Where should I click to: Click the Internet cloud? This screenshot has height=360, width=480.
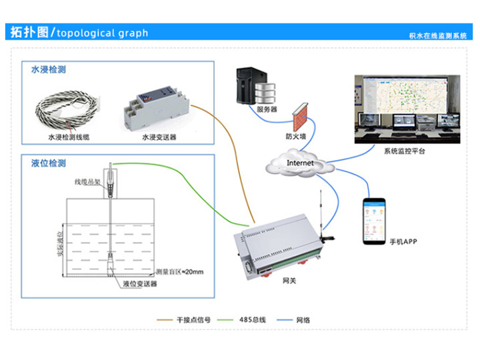(x=299, y=164)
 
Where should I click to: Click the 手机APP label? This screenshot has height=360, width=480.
(x=403, y=241)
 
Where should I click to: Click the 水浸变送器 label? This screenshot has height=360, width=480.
(x=159, y=137)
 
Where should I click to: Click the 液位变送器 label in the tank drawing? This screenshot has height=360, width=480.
(x=139, y=284)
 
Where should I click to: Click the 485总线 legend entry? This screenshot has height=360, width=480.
(x=253, y=320)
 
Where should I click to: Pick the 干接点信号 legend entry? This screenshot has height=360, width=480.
(x=193, y=320)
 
